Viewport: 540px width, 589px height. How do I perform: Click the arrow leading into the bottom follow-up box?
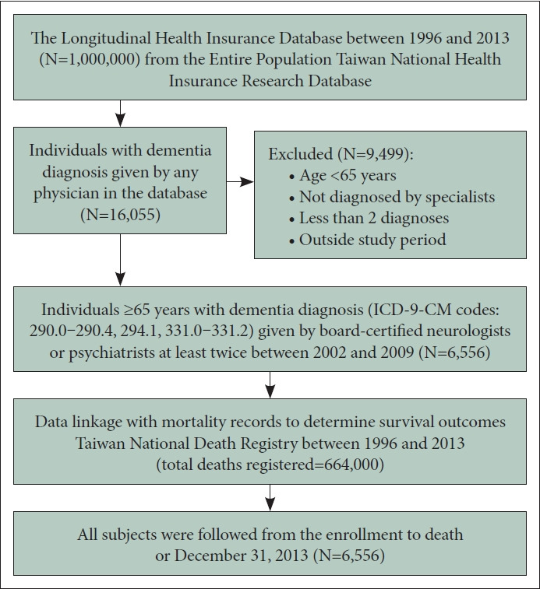270,495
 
